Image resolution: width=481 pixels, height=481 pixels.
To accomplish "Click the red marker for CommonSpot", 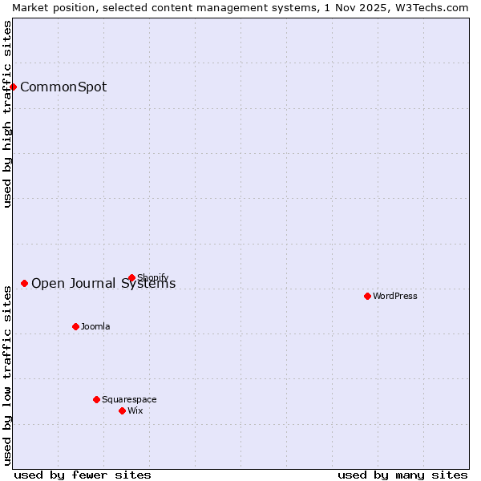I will [x=14, y=87].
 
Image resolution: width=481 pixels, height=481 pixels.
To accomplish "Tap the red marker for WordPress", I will [x=367, y=296].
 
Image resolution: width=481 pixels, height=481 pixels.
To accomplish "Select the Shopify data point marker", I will [x=131, y=278].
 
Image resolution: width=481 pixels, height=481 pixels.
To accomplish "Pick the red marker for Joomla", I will [x=75, y=326].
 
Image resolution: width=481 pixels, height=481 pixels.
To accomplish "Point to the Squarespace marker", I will [x=96, y=399].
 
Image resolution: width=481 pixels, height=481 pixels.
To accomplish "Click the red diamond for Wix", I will [x=122, y=410].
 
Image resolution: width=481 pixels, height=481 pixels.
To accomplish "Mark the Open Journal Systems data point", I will [x=24, y=283].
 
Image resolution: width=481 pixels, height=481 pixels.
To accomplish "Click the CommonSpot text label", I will [x=63, y=87].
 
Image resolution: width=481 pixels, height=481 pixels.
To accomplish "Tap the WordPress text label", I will [x=395, y=297].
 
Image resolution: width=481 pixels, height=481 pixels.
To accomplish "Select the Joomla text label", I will [x=95, y=327].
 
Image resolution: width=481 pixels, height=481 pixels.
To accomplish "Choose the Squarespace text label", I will [x=129, y=400].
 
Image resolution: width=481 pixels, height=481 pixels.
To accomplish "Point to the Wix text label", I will [x=135, y=411].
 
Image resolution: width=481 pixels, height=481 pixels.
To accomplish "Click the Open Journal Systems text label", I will [x=103, y=284].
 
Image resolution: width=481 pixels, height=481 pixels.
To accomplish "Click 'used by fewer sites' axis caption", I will [x=83, y=475].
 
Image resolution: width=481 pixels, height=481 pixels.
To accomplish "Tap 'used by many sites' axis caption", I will [x=402, y=475].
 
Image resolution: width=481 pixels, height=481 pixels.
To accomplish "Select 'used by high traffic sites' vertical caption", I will [x=7, y=114].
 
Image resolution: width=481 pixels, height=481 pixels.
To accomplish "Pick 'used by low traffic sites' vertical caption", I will [x=7, y=373].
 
